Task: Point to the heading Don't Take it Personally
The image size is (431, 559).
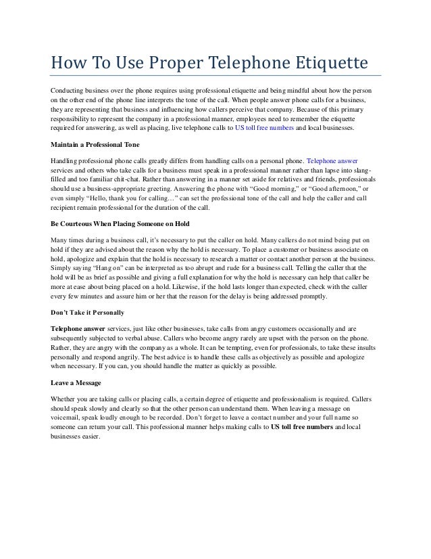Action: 88,312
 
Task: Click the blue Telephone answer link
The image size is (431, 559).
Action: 334,160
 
